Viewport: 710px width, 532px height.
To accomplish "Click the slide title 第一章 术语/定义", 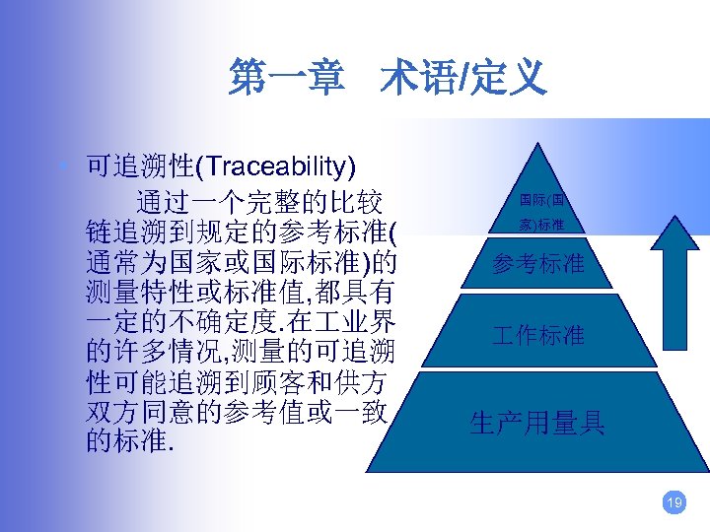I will pyautogui.click(x=387, y=77).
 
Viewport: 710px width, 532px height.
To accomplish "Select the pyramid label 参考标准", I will pyautogui.click(x=538, y=265).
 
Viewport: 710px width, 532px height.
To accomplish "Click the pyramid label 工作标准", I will pyautogui.click(x=538, y=335).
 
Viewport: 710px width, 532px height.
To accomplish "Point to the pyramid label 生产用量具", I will pyautogui.click(x=537, y=424).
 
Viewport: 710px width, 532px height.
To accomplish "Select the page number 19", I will pyautogui.click(x=674, y=504).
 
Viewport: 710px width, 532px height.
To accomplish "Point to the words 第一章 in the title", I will pyautogui.click(x=280, y=77).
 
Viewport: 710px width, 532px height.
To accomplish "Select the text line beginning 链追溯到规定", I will pyautogui.click(x=242, y=233).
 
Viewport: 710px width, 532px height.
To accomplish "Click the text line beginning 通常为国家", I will pyautogui.click(x=242, y=263).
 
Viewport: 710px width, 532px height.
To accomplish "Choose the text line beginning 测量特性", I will pyautogui.click(x=242, y=293).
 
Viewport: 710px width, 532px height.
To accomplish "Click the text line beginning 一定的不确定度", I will pyautogui.click(x=242, y=322).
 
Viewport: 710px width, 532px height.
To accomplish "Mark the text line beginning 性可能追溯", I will pyautogui.click(x=242, y=381).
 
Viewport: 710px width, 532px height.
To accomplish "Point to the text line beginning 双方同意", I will pyautogui.click(x=242, y=411).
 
